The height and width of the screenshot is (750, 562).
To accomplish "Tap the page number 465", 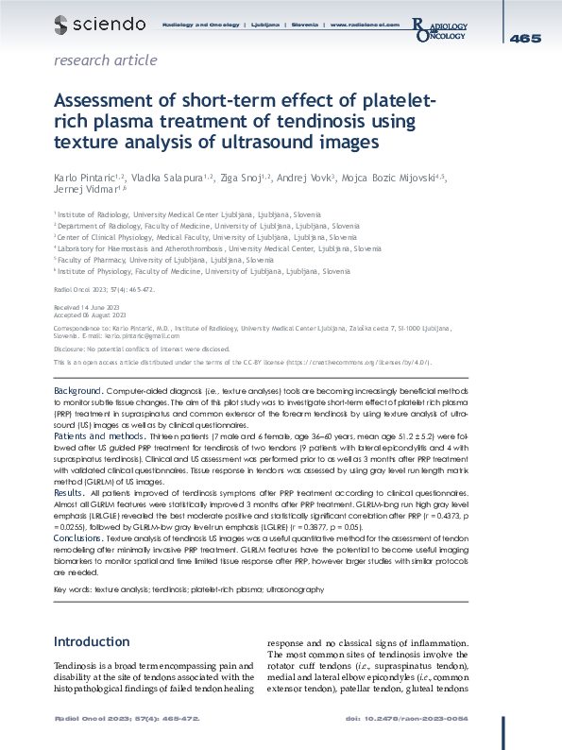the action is coord(524,38).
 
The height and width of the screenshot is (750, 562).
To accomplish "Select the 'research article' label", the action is coord(106,60).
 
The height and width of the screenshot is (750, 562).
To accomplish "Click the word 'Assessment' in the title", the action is coord(108,101).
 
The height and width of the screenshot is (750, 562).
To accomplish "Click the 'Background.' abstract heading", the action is coord(78,390).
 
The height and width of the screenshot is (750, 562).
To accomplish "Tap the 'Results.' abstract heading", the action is coord(69,493).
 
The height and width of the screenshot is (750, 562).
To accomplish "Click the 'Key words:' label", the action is coord(72,588).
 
